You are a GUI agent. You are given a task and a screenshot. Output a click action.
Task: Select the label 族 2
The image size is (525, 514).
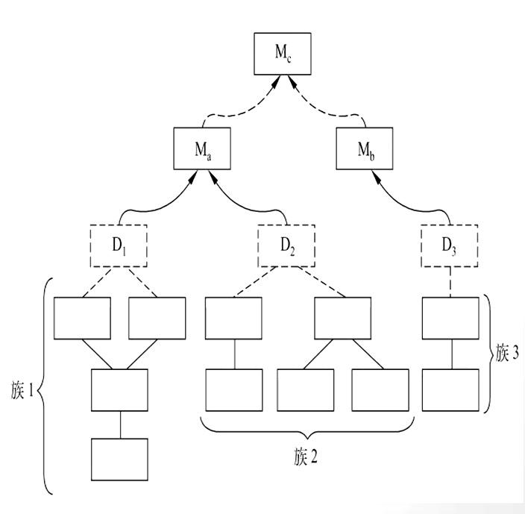click(306, 456)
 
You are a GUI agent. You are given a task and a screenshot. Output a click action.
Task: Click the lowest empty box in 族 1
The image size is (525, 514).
click(120, 460)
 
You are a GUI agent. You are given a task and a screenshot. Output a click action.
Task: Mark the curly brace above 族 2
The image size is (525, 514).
click(306, 430)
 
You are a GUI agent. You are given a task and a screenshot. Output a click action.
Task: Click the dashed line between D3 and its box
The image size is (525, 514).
click(450, 281)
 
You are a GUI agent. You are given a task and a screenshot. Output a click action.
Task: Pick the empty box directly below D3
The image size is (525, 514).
click(450, 319)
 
